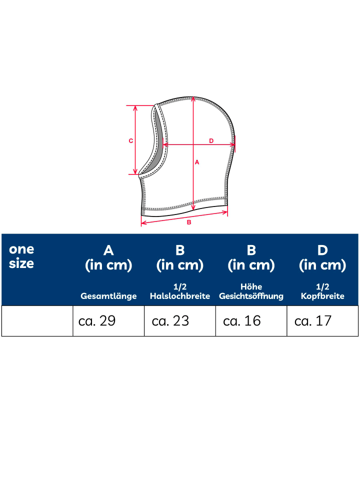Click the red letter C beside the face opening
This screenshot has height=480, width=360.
point(130,141)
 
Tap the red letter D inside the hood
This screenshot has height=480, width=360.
point(211,141)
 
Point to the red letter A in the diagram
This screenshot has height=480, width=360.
point(197,162)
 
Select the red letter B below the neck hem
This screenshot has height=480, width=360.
point(189,222)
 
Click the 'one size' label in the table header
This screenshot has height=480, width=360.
point(21,256)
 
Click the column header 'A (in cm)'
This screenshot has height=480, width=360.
point(108,258)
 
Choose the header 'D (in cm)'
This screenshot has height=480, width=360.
point(322,258)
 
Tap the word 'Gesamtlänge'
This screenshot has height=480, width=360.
point(108,296)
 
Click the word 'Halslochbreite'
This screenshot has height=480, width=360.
point(180,296)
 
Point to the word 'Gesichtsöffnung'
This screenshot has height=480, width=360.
point(251,296)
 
